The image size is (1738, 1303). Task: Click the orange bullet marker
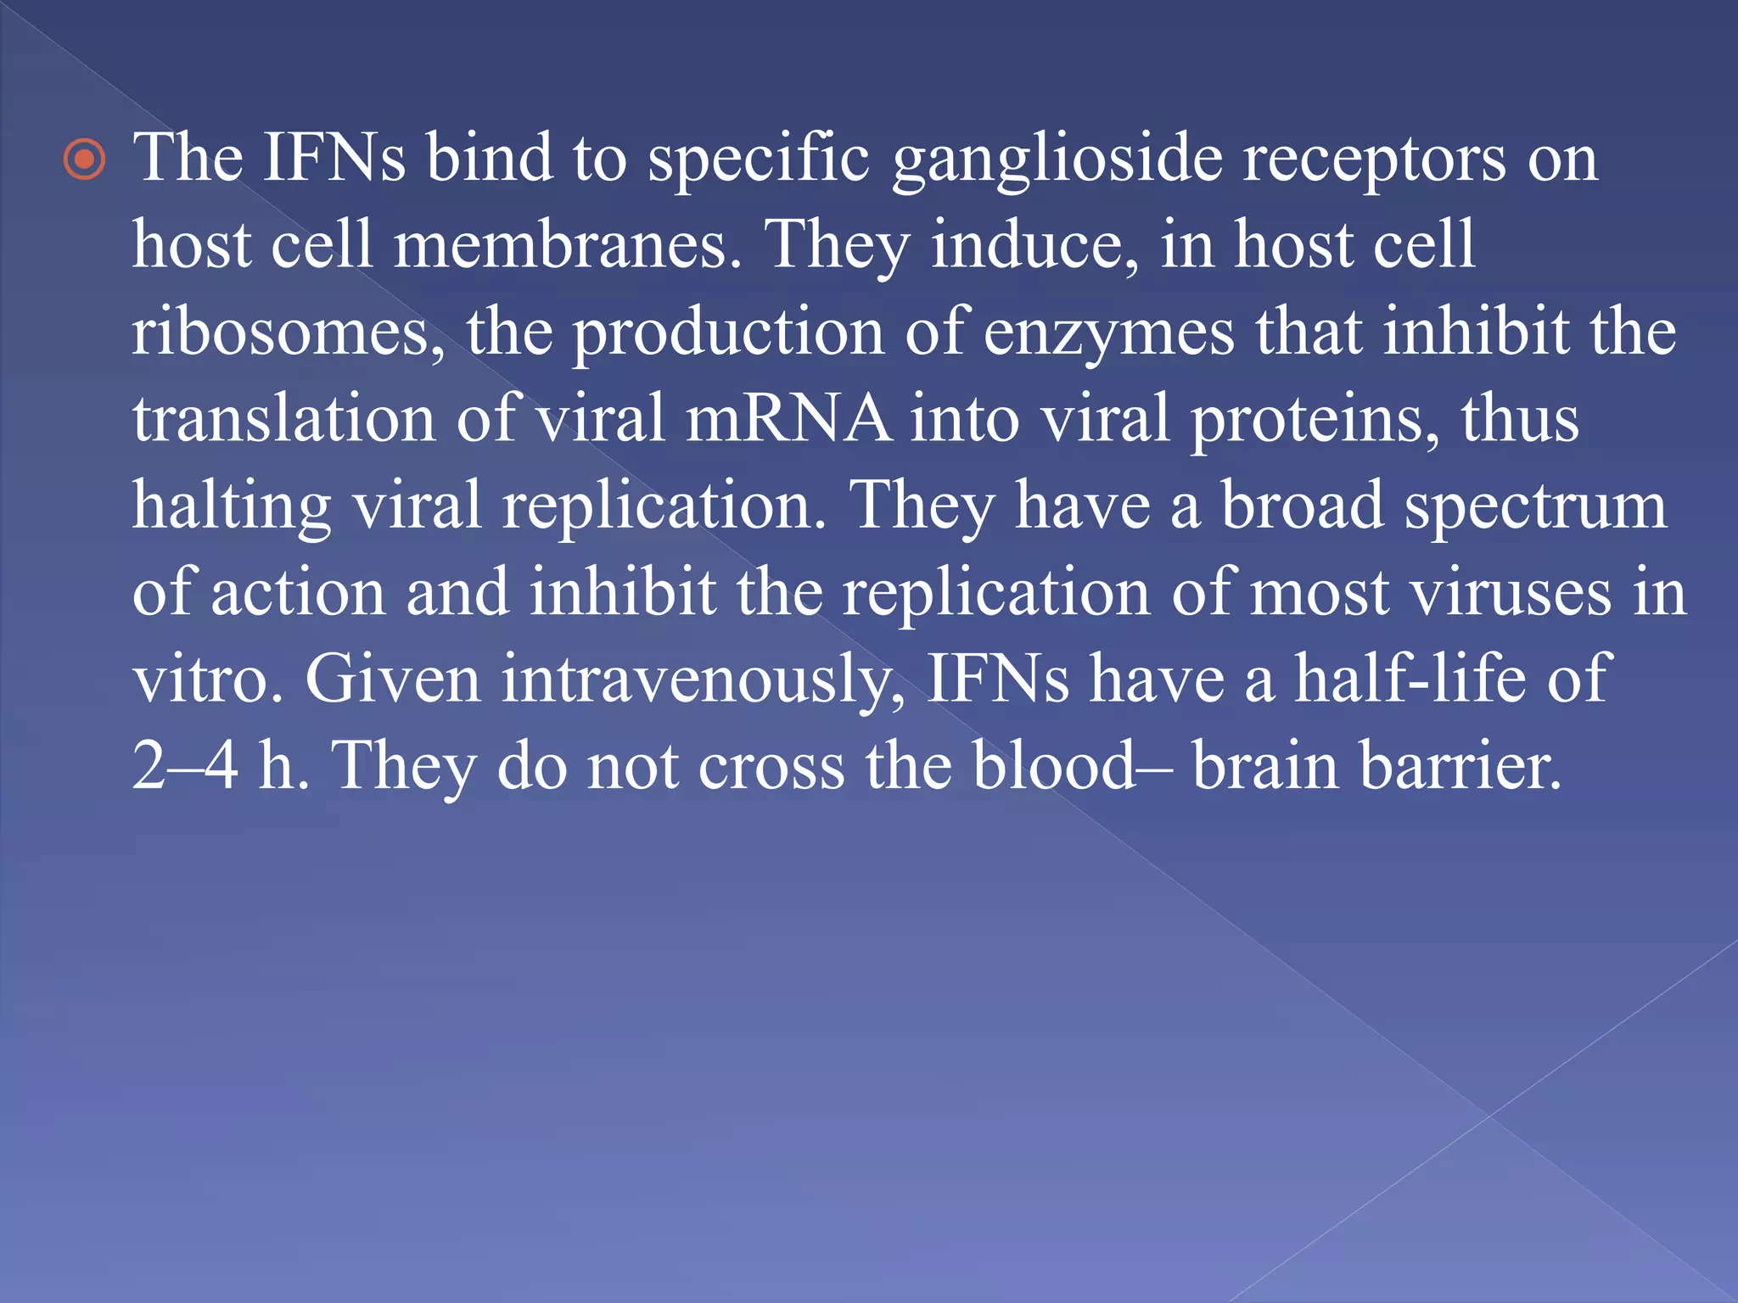(86, 159)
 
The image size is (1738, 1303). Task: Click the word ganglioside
(1057, 159)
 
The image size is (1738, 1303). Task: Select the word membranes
(567, 244)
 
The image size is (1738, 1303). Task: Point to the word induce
(1035, 244)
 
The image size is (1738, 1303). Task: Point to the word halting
(231, 506)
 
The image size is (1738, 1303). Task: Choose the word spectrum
(1535, 507)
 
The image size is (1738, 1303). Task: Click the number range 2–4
(185, 765)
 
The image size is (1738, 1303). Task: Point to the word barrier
(1460, 765)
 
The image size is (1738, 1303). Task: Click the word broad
(1303, 506)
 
